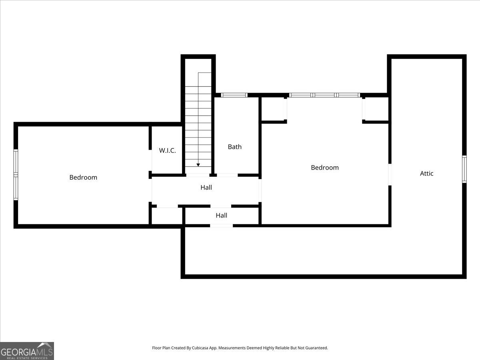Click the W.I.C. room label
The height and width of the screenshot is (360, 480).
[167, 150]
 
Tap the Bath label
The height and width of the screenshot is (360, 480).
[235, 147]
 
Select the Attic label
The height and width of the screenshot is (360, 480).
[426, 173]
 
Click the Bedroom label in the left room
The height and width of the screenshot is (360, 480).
[83, 177]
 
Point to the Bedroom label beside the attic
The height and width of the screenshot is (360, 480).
[324, 168]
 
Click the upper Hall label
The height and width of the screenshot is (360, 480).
[206, 187]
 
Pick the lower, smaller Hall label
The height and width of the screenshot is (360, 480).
[221, 215]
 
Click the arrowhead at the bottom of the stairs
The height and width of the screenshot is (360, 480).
[198, 165]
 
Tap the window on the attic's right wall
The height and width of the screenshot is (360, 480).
[464, 169]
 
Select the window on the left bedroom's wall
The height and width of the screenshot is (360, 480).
[16, 174]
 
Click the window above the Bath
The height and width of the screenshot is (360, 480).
[234, 95]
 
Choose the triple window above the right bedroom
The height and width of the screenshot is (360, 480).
[324, 95]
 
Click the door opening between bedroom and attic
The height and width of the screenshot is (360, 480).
[390, 174]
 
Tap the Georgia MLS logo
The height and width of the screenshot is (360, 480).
[27, 351]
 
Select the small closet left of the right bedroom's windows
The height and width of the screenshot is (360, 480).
[273, 109]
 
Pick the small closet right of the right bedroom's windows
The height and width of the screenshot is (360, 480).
[376, 109]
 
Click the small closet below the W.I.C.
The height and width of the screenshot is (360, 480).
[167, 216]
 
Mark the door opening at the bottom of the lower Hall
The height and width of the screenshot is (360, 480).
[221, 226]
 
